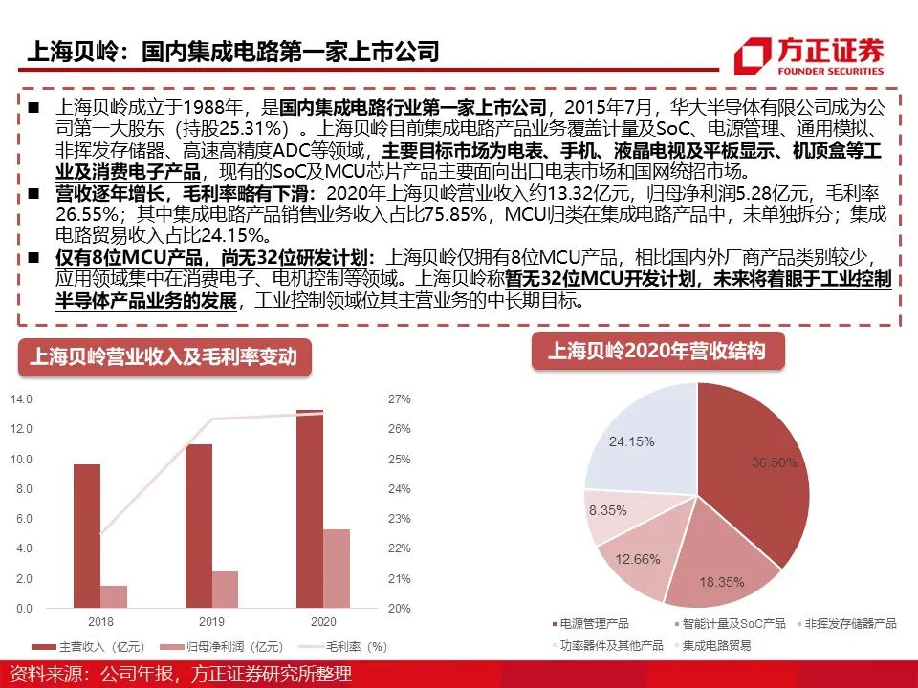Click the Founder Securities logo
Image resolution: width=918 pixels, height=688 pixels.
tap(809, 56)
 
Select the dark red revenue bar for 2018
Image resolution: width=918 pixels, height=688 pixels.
tap(87, 536)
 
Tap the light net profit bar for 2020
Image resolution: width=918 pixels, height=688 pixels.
tap(337, 569)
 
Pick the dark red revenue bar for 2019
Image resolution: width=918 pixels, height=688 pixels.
tap(199, 526)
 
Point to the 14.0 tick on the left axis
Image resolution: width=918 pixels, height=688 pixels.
tap(21, 399)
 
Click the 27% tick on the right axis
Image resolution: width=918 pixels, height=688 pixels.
tap(400, 399)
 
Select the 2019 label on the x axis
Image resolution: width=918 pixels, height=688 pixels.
tap(212, 621)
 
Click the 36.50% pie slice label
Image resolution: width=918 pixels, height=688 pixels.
tap(774, 462)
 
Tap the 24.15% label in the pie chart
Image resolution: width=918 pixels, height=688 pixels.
tap(632, 441)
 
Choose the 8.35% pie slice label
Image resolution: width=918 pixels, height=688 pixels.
tap(608, 510)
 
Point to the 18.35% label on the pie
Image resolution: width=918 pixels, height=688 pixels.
tap(722, 582)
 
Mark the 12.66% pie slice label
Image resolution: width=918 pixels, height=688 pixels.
tap(638, 559)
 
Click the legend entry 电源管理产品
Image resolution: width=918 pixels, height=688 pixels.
tap(590, 624)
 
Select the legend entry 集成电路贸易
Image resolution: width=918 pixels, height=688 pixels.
tap(712, 645)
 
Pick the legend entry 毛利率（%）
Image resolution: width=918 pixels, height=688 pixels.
tap(343, 647)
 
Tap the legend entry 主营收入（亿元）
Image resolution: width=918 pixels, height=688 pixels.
tap(88, 647)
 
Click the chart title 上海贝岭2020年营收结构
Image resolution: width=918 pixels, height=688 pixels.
tap(657, 351)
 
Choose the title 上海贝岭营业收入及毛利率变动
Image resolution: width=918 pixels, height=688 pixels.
tap(164, 356)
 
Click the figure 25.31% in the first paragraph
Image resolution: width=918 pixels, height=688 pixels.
tap(251, 128)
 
